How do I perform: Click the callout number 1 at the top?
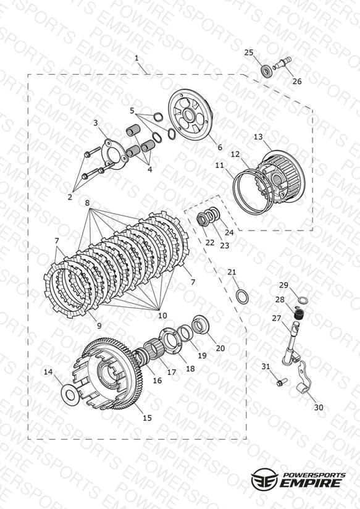coord(136,58)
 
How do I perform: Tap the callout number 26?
coord(296,81)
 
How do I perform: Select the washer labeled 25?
coord(267,71)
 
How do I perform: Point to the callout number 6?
coord(220,148)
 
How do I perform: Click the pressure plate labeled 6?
coord(191,116)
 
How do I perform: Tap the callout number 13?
coord(258,137)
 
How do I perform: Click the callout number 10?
coord(162,315)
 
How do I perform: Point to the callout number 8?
coord(87,203)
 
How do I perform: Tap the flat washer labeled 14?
coord(70,394)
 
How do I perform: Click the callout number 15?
coord(147,418)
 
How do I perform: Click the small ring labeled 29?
coord(303,301)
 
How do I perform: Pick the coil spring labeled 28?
coord(298,314)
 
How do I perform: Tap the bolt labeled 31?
coord(280,382)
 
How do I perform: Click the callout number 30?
coord(319,407)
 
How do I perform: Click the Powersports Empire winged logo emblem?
coord(264,479)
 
